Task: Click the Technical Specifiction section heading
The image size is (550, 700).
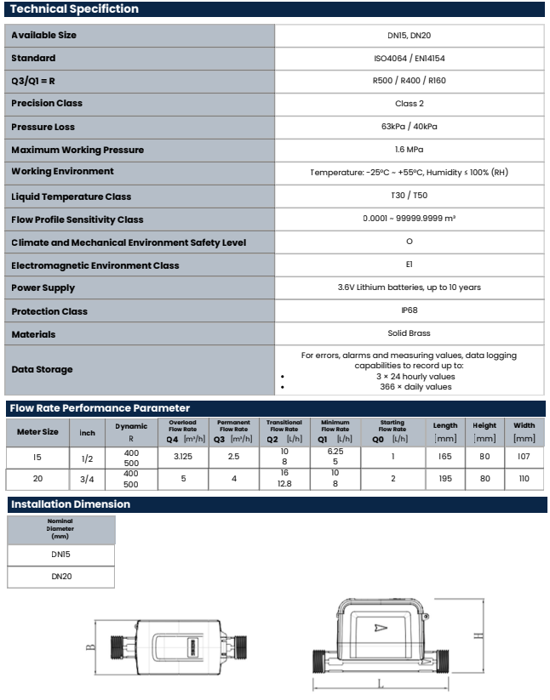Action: pos(75,9)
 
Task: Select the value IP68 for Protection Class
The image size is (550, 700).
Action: pos(409,310)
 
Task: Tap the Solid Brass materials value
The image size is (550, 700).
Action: pos(409,333)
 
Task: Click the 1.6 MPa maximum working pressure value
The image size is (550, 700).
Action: pos(409,150)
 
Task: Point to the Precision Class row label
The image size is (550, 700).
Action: pos(47,104)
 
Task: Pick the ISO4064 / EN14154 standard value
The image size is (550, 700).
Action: pos(409,58)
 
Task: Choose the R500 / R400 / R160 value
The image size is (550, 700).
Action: pos(409,81)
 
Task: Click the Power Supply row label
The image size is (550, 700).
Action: pos(43,288)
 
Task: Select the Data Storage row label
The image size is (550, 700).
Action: pos(43,369)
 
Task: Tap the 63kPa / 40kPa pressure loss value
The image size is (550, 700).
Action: pos(409,127)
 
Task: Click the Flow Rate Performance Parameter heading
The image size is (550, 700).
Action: pos(100,408)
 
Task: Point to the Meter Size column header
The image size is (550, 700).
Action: pos(38,431)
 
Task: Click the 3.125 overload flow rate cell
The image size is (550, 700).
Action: pos(182,457)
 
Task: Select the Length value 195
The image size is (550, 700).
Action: pos(444,479)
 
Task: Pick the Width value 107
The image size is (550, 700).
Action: pos(524,457)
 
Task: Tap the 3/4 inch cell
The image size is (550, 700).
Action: pos(88,479)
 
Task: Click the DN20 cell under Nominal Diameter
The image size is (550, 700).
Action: pos(60,577)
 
